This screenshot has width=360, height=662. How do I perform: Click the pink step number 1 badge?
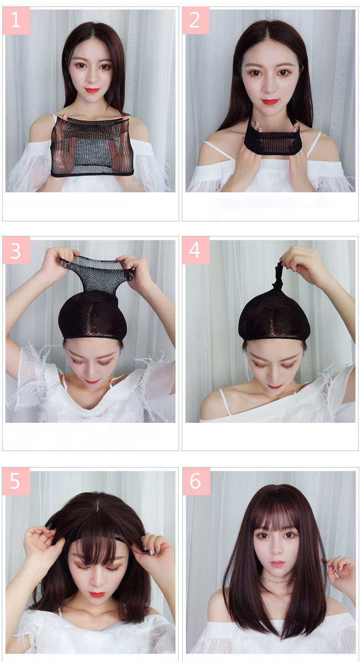[16, 21]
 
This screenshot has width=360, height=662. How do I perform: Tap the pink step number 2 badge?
[195, 21]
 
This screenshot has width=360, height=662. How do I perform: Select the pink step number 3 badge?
[16, 250]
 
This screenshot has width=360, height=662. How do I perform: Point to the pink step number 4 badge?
[195, 250]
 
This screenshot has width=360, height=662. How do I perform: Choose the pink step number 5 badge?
[16, 481]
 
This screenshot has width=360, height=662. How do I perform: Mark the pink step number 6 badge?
[196, 481]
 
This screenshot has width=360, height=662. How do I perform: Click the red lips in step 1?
[92, 90]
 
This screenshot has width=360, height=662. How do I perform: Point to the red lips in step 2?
[270, 102]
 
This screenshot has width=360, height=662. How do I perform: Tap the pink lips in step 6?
[277, 564]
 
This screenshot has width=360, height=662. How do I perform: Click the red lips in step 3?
[93, 381]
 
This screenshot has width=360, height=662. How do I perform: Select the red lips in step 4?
[275, 386]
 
